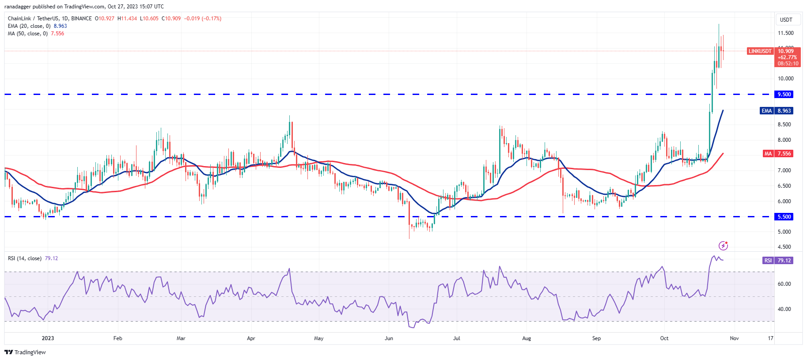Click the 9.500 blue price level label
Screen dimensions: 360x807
pos(784,95)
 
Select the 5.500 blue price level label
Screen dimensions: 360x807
pos(784,217)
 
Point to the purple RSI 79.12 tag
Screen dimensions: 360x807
pos(777,261)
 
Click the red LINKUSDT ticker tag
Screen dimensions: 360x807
pos(760,51)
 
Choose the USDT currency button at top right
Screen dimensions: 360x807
pos(786,20)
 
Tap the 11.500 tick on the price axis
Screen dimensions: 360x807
pos(785,33)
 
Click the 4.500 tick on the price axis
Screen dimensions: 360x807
pos(784,247)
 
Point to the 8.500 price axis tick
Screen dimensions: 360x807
pos(784,125)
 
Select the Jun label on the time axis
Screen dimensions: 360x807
pos(389,338)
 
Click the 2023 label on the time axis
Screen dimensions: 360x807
pos(48,338)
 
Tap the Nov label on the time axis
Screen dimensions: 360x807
pos(734,338)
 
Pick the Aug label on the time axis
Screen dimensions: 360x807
pos(527,338)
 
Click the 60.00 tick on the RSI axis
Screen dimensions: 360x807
pos(784,284)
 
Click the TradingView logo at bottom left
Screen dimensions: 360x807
pos(25,352)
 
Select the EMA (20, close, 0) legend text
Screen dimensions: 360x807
pos(29,26)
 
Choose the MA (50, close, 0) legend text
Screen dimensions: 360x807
pos(28,34)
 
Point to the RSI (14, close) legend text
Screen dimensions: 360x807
pos(25,258)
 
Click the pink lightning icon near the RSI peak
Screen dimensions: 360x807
pos(723,246)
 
